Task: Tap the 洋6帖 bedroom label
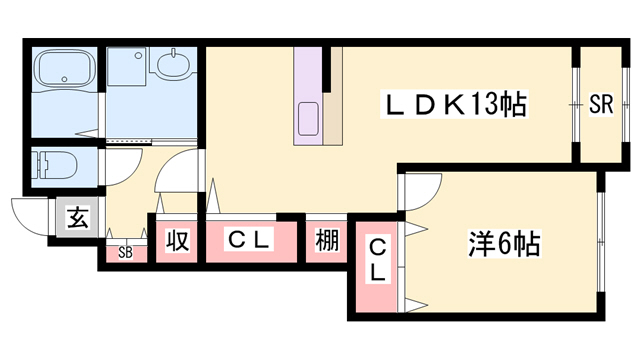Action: (x=505, y=243)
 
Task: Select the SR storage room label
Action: (x=600, y=102)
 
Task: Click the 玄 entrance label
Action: (x=77, y=216)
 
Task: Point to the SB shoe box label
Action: (x=125, y=252)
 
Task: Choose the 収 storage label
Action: (x=177, y=241)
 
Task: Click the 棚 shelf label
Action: (x=326, y=241)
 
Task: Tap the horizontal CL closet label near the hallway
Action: (x=251, y=240)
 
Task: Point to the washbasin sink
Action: (x=172, y=66)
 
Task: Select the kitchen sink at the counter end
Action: (x=307, y=117)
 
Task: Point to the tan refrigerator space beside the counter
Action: (x=333, y=120)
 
